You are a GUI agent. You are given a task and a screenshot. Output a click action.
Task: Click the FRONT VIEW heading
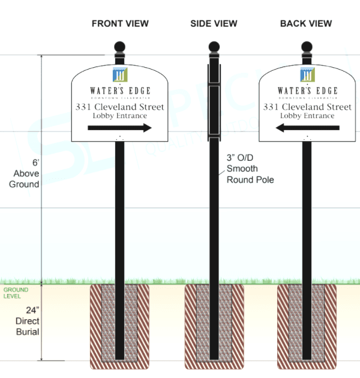coord(120,23)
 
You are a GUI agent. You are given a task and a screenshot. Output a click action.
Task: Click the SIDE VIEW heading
coord(214,23)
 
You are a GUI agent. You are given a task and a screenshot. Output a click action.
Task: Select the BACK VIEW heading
coord(306,23)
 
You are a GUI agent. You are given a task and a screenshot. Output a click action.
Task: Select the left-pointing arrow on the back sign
coord(307,127)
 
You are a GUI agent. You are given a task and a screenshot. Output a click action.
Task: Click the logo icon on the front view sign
coord(120,74)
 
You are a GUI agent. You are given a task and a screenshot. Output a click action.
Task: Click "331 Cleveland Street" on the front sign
coord(120,107)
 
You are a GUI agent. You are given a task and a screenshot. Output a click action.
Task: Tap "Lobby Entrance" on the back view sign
coord(307,115)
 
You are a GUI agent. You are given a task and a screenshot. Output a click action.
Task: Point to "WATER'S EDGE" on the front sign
coord(120,91)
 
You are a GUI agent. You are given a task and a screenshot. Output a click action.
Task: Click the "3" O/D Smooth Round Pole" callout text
coord(250,169)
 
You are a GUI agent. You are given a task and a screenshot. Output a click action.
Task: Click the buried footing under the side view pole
coord(214,325)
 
